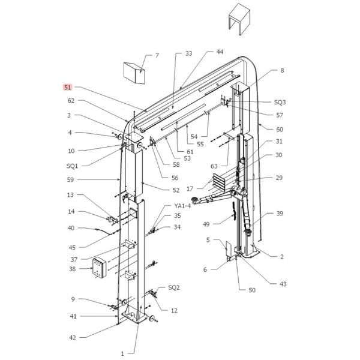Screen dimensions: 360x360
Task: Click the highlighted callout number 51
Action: (67, 87)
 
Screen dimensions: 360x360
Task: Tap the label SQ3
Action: (280, 102)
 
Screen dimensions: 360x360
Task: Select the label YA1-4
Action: (182, 206)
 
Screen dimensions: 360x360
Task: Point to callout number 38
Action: (73, 269)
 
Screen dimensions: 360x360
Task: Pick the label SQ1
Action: (72, 166)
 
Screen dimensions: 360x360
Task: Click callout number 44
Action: (220, 52)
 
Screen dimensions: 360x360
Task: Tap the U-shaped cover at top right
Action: (239, 20)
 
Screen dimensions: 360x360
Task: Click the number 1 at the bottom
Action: (122, 353)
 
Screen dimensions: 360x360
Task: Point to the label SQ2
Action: (174, 287)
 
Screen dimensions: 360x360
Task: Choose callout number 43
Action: (283, 284)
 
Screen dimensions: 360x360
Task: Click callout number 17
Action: (190, 189)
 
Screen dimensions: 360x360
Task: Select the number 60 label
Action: (280, 130)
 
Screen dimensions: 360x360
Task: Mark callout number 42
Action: (73, 337)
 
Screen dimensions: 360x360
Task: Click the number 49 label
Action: (206, 224)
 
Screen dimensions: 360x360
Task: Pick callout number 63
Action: (214, 166)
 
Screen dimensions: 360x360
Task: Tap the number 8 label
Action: (282, 70)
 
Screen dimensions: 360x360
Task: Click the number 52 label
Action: (176, 190)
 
